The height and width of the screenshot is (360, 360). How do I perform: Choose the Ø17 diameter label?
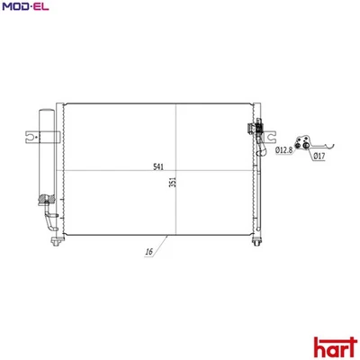pyautogui.click(x=319, y=157)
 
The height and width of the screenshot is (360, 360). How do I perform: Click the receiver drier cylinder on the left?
pyautogui.click(x=46, y=153)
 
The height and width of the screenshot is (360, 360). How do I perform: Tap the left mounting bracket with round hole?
pyautogui.click(x=33, y=138)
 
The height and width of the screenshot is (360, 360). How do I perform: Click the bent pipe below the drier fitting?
pyautogui.click(x=47, y=220)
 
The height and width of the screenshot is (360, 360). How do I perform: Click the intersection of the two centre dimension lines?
pyautogui.click(x=175, y=171)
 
